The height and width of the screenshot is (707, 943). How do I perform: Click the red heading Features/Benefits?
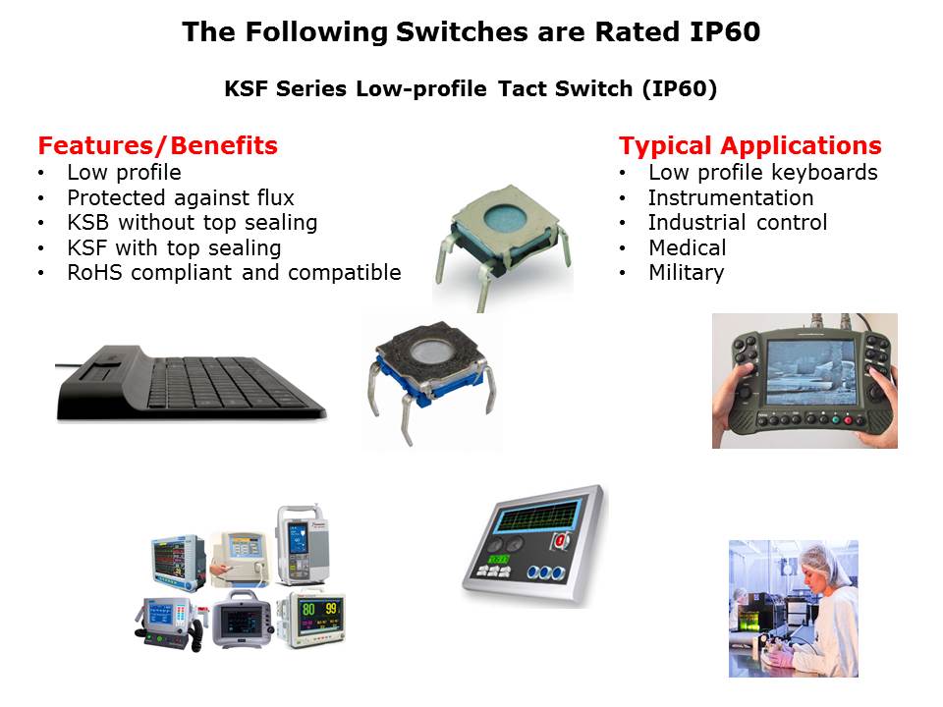157,145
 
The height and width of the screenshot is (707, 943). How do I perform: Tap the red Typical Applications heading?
749,146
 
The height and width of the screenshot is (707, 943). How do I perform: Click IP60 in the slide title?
725,31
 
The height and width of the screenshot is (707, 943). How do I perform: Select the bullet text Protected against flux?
181,197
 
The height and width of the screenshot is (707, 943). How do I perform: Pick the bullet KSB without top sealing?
193,223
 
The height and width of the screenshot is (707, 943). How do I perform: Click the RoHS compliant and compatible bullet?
234,272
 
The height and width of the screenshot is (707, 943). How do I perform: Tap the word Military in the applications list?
687,273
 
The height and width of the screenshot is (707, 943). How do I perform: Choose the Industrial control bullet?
738,223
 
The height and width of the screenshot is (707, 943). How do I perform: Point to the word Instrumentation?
731,197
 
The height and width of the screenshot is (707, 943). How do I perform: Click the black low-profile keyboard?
192,382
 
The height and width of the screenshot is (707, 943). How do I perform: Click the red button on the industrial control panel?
561,540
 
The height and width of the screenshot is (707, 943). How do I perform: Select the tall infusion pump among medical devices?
303,545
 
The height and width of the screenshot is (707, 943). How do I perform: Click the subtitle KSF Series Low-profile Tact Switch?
428,89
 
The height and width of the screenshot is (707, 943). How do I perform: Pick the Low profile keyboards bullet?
763,173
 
